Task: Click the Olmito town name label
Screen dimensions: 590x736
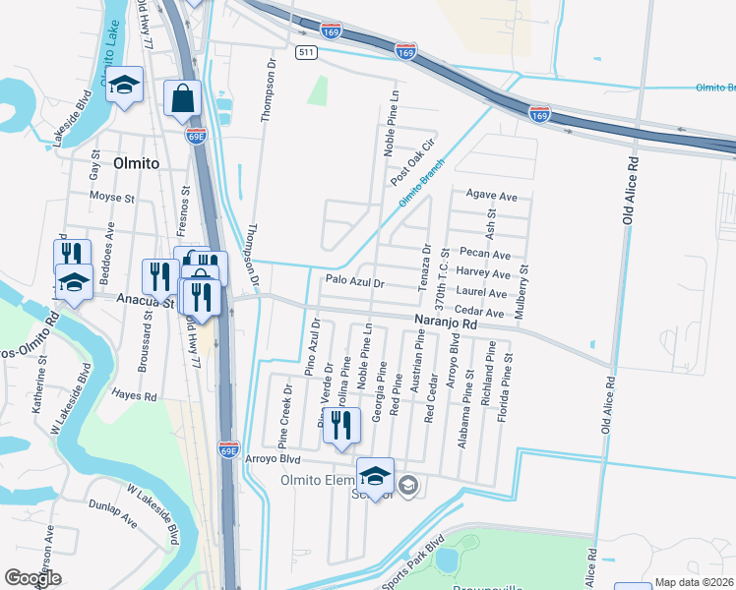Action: [x=136, y=163]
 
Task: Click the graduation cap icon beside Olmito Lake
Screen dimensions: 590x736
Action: [x=125, y=87]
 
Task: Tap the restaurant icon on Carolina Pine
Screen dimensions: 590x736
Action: [x=341, y=425]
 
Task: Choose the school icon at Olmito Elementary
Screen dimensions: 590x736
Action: [x=375, y=478]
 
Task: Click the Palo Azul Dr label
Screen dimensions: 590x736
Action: [x=352, y=282]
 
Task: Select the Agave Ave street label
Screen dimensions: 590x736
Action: [x=491, y=197]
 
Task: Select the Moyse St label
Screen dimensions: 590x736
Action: [x=111, y=198]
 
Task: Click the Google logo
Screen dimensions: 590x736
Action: [x=32, y=577]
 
